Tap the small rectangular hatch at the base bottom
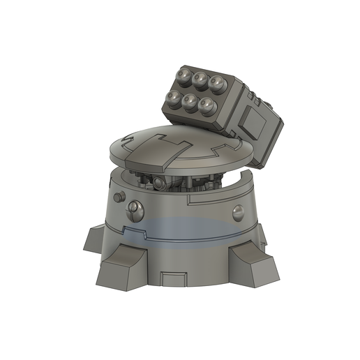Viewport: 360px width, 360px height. point(172,279)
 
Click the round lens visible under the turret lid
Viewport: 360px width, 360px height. point(160,184)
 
